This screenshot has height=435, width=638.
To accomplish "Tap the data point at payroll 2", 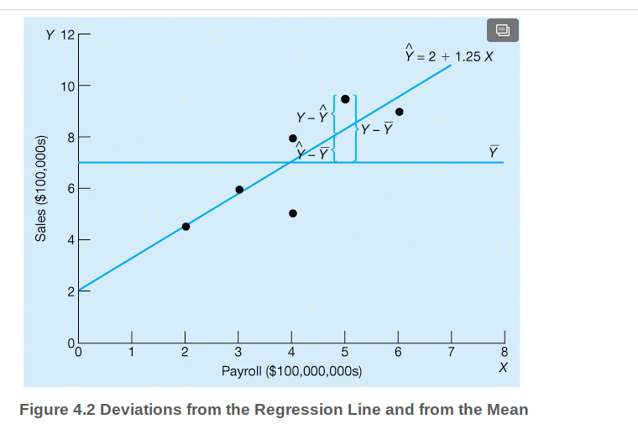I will click(x=186, y=226).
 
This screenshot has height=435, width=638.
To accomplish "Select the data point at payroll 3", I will click(x=239, y=189).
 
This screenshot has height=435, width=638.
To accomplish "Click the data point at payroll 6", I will click(x=400, y=112).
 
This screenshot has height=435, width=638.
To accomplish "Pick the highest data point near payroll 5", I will click(x=345, y=98).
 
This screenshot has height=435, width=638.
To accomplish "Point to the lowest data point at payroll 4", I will click(x=293, y=213).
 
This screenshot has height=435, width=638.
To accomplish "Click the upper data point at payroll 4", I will click(x=293, y=139).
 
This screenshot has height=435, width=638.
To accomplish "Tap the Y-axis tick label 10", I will click(x=67, y=86).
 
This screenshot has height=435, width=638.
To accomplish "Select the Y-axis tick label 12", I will click(x=67, y=34).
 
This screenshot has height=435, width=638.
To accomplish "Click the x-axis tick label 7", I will click(x=451, y=351).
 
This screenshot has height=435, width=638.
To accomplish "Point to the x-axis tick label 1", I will click(x=131, y=351).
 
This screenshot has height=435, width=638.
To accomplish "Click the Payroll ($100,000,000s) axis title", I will click(x=291, y=370).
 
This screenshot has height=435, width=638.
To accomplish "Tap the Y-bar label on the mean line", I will click(x=494, y=151).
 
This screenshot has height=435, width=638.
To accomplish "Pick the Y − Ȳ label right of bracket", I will click(x=377, y=129).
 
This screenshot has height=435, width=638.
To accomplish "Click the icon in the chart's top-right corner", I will click(x=502, y=31).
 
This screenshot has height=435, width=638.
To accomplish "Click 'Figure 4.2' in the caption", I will click(x=53, y=410).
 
